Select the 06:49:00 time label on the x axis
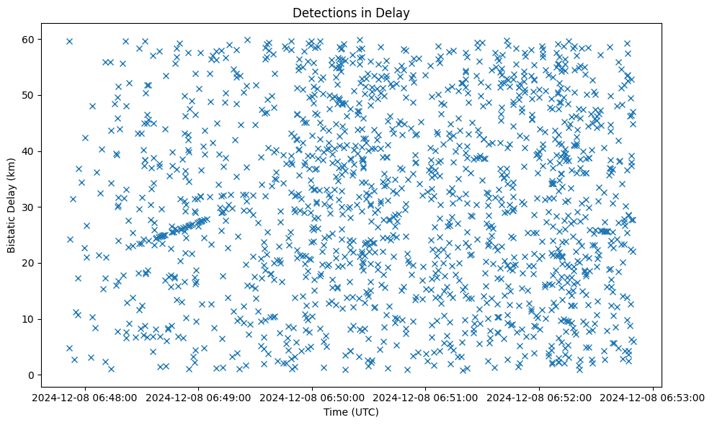199,396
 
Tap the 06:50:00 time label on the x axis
312,396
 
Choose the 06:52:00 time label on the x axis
540,396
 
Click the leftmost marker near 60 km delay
69,41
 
